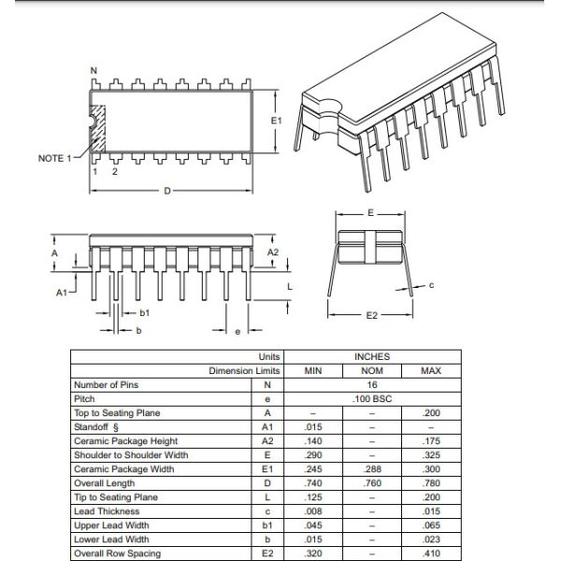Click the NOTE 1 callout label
pos(54,158)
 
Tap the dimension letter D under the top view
pos(166,191)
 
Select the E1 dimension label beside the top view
pos(275,122)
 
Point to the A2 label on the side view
pos(273,252)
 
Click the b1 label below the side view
pos(144,313)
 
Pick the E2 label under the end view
pos(370,315)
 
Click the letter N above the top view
pos(93,71)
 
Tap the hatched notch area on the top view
pos(97,131)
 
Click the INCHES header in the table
pos(372,357)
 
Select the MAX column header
pos(430,371)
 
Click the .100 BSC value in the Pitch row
pos(372,399)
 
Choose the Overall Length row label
pos(104,483)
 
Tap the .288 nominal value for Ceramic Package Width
pos(372,469)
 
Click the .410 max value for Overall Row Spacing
pos(430,554)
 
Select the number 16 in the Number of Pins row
pos(372,385)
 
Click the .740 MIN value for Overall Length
pos(314,483)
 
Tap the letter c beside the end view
pos(431,285)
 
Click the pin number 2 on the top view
pos(115,172)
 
